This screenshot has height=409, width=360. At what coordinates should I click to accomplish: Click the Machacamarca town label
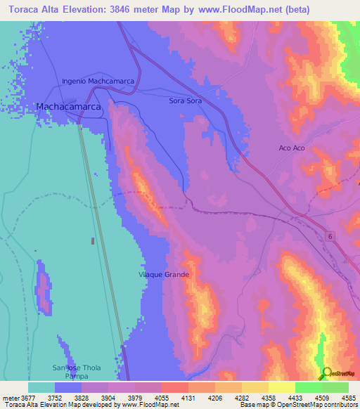click(68, 107)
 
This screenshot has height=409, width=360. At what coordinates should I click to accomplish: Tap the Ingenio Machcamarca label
click(98, 82)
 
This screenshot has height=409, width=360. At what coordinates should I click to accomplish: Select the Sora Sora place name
click(186, 101)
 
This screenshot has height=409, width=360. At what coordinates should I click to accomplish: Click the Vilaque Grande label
click(165, 275)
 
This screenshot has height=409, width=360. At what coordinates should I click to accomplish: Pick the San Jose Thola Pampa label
click(77, 372)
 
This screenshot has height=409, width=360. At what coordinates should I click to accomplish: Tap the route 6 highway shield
click(329, 237)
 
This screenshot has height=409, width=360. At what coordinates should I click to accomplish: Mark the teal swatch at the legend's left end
click(41, 387)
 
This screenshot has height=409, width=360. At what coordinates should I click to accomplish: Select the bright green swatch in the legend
click(309, 387)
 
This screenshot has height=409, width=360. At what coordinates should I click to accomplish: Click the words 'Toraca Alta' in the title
click(30, 9)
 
